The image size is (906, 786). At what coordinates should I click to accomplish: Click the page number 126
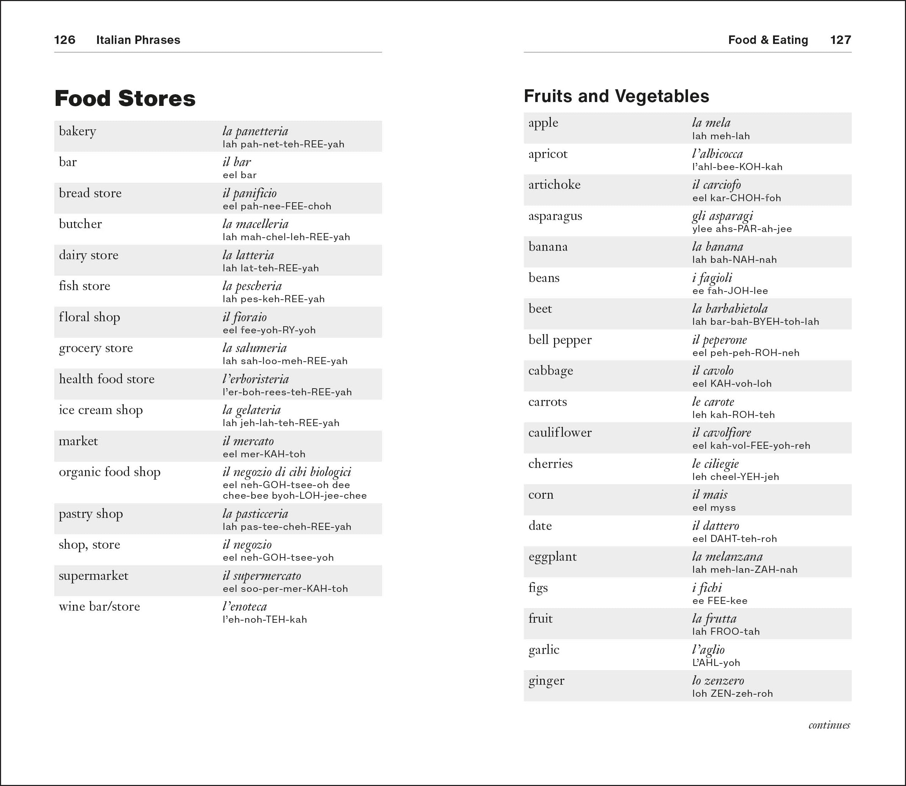click(x=65, y=40)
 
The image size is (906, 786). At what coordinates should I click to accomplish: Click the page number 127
click(x=840, y=40)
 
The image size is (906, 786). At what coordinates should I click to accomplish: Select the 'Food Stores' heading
click(x=125, y=98)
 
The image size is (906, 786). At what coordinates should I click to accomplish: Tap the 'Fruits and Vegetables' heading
click(x=616, y=96)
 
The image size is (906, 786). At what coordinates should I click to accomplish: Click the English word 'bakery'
click(x=77, y=131)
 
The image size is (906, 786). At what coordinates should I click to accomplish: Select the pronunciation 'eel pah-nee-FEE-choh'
click(x=276, y=206)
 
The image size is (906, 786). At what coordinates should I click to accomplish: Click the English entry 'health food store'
click(x=107, y=379)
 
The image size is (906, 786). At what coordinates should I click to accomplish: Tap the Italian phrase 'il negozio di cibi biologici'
click(x=287, y=472)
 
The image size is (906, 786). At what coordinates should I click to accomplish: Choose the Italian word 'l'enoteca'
click(x=245, y=607)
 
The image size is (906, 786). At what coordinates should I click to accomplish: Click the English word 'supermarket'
click(x=94, y=576)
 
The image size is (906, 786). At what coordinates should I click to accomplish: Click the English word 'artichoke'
click(x=554, y=185)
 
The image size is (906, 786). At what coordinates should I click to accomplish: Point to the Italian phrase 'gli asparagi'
click(x=722, y=216)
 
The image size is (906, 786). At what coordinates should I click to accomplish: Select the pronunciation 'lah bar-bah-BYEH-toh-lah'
click(x=755, y=322)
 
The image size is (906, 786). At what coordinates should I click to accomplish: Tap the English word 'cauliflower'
click(x=560, y=432)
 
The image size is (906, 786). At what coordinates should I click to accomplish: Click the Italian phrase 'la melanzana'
click(x=727, y=556)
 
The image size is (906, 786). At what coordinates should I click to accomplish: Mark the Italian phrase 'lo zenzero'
click(x=718, y=680)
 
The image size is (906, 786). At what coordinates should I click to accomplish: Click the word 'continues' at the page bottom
click(x=829, y=725)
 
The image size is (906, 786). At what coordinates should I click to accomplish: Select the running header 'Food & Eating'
click(x=768, y=40)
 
